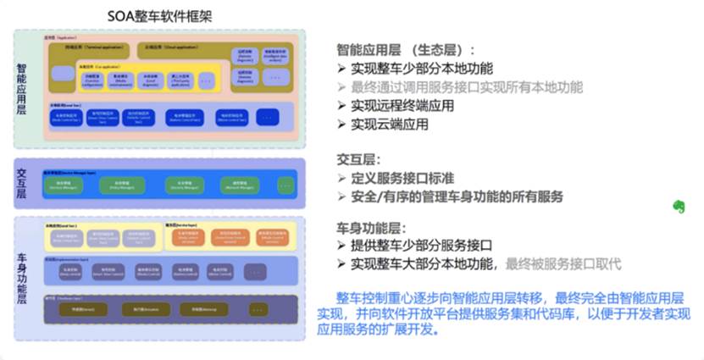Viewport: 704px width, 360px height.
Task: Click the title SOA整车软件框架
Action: [x=159, y=15]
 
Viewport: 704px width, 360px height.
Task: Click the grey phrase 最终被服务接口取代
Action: [x=563, y=264]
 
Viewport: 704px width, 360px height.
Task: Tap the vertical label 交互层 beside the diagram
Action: [x=22, y=183]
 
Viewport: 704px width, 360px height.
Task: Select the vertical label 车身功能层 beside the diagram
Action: [x=22, y=271]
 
